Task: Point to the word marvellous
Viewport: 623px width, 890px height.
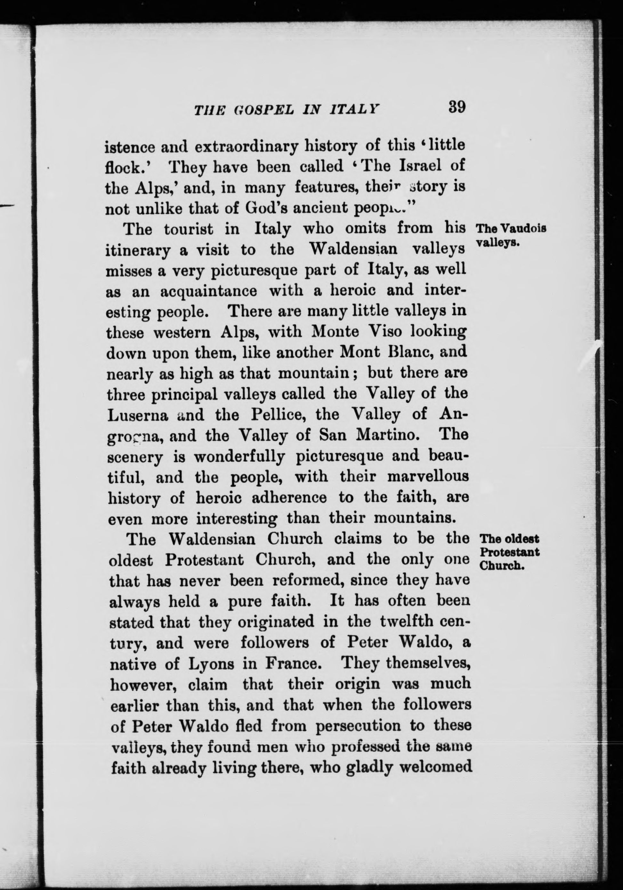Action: tap(428, 476)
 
